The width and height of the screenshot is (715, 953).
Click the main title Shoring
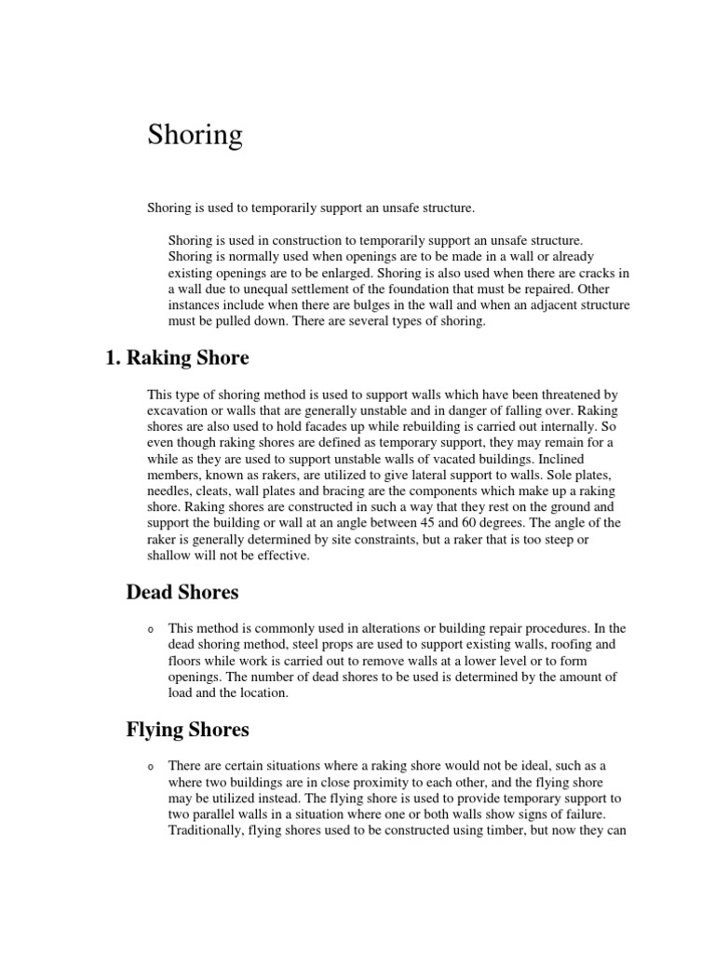195,136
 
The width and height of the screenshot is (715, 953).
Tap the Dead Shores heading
182,592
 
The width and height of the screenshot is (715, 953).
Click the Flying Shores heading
187,730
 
